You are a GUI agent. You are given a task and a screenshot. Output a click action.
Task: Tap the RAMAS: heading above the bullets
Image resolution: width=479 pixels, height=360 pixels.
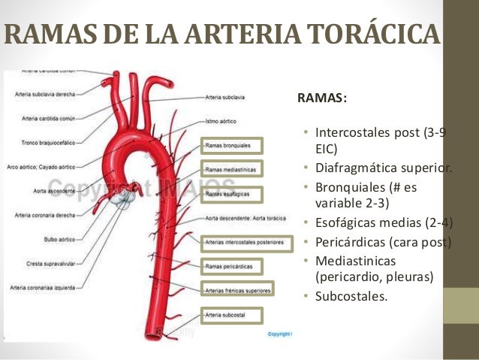click(x=322, y=98)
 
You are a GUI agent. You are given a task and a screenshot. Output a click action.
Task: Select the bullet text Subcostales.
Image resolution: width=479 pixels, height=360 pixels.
click(x=351, y=296)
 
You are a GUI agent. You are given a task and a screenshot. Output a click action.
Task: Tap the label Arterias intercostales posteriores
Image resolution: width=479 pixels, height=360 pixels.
click(x=244, y=242)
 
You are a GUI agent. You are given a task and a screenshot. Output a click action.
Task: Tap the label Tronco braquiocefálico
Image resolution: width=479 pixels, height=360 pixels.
click(x=47, y=142)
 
